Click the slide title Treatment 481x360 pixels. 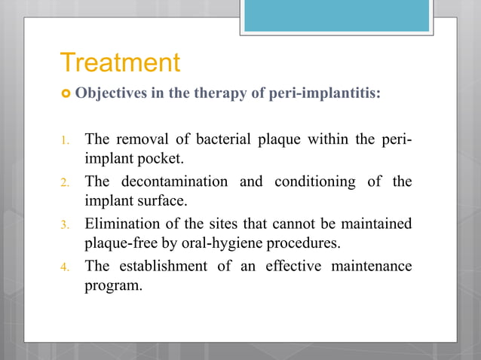click(120, 63)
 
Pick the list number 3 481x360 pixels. click(66, 224)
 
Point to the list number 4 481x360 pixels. click(66, 267)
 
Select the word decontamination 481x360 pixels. click(173, 182)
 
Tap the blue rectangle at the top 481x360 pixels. click(336, 16)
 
